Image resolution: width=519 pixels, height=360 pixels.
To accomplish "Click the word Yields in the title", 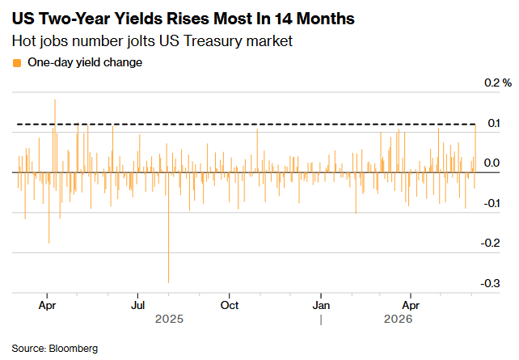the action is (x=138, y=19).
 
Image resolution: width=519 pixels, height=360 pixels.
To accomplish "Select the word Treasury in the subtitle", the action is (x=213, y=41).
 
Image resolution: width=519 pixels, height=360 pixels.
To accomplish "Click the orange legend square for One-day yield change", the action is (x=16, y=63).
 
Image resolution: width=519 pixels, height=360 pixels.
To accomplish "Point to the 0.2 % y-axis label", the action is (x=498, y=83).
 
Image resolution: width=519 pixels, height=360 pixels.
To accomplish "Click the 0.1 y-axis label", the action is (x=493, y=123).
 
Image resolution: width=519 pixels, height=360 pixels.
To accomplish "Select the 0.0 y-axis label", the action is (x=492, y=163).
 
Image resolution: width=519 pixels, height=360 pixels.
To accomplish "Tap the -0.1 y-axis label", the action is (x=492, y=203).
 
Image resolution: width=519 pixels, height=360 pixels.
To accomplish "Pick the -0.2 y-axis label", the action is (x=490, y=243).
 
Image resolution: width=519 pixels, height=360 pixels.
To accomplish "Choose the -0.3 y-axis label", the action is (x=490, y=283).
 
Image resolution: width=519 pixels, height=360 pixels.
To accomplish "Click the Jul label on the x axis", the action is (x=137, y=305).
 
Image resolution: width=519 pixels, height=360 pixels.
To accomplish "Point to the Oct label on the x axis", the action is (x=230, y=305).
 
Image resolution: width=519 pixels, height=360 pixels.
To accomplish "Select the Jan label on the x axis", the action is (x=321, y=305).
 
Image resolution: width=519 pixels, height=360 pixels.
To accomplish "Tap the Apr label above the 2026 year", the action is (x=411, y=305).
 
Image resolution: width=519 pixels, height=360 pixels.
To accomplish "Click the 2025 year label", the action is (x=169, y=319).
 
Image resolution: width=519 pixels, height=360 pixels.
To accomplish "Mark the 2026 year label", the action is (x=398, y=319).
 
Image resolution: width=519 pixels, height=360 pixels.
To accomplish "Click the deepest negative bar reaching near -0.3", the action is (x=168, y=227).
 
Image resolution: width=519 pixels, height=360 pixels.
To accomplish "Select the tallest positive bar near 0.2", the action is (x=55, y=136).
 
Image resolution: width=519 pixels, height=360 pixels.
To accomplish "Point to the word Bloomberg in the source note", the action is (x=74, y=349).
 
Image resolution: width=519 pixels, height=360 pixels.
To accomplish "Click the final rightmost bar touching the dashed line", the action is (x=475, y=149).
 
